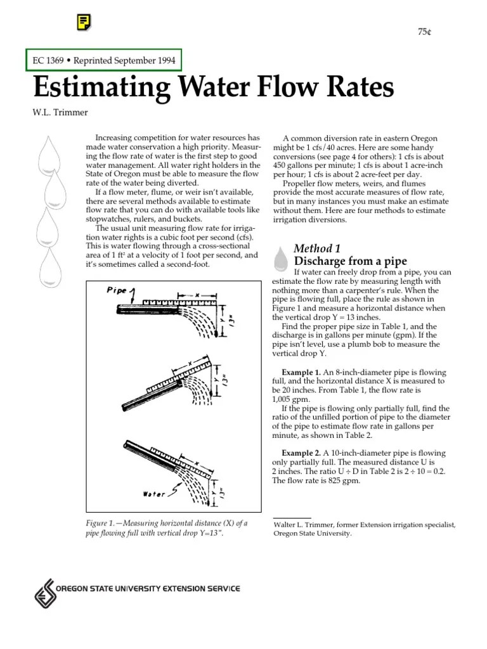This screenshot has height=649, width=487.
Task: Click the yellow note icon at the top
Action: click(x=82, y=23)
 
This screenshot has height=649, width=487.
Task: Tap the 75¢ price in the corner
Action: click(x=424, y=32)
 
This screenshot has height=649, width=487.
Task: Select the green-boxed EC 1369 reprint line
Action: click(x=104, y=60)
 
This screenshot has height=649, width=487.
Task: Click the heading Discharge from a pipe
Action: click(x=350, y=261)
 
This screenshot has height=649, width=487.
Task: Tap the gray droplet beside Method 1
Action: click(x=280, y=257)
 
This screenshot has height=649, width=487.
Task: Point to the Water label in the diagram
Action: click(x=153, y=494)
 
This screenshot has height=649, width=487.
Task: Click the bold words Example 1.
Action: click(x=301, y=372)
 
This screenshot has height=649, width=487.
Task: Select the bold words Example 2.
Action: click(x=301, y=453)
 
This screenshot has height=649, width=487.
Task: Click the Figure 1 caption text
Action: click(x=166, y=528)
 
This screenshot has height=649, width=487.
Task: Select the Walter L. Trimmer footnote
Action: click(x=364, y=529)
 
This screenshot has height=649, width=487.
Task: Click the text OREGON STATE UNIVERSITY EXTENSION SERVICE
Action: click(x=148, y=589)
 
